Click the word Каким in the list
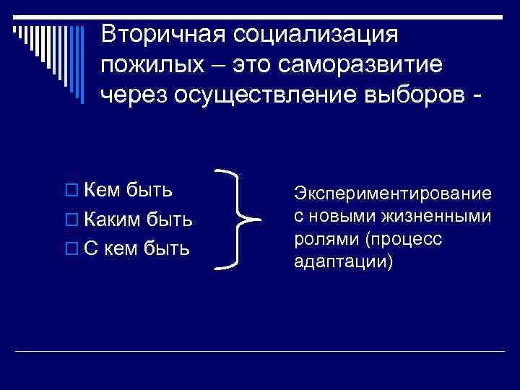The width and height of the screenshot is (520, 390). [x=112, y=219]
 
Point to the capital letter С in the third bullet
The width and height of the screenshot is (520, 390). [x=91, y=248]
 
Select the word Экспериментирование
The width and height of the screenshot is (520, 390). [x=393, y=194]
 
